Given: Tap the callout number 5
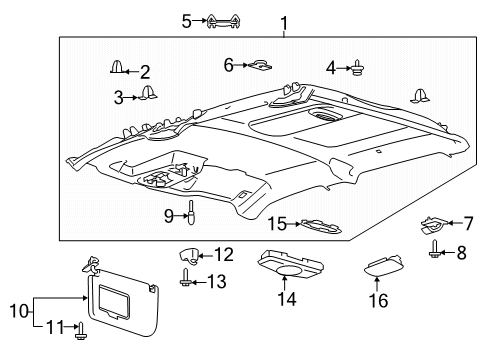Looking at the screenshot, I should click(x=186, y=20).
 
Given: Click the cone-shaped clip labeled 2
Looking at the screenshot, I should click(x=117, y=68).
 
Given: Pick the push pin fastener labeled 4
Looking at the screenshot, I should click(x=357, y=68).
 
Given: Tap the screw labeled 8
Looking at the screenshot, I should click(x=435, y=254).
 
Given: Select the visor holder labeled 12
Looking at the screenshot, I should click(x=191, y=254).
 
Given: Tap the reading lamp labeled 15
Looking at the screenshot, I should click(x=316, y=226).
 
